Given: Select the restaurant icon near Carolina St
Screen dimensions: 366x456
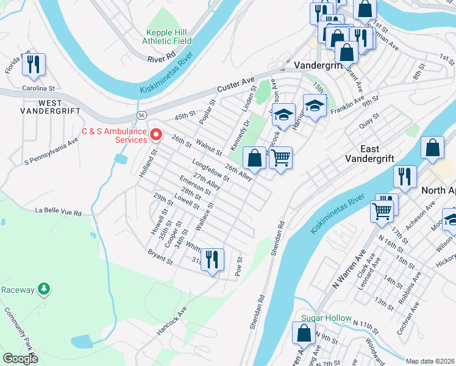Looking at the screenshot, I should point(34,65).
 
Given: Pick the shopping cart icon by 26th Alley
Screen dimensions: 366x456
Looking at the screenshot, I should point(280,158).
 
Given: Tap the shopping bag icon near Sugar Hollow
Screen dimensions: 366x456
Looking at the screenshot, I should point(304,334).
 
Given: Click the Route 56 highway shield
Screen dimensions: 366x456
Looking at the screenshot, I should point(141,114).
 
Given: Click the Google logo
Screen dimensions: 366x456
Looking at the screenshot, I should point(20,359).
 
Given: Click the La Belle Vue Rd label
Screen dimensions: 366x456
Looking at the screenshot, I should point(59,212).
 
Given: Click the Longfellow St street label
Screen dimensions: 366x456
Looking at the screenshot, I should point(210,170).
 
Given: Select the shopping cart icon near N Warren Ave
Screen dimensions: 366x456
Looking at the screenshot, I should point(382,212).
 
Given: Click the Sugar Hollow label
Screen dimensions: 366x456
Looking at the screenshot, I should point(327,318).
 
